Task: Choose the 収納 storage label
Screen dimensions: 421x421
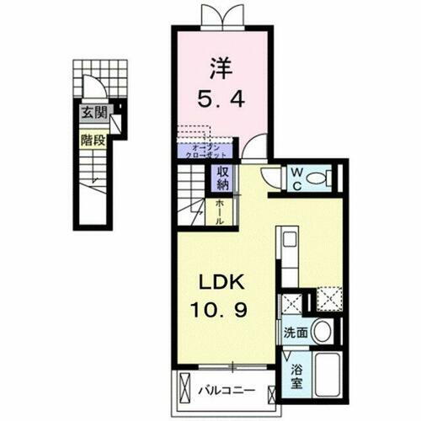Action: pos(223,178)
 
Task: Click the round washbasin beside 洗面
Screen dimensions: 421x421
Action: pos(320,331)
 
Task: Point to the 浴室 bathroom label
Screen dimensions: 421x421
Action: pos(296,375)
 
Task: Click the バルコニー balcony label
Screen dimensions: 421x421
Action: pos(226,391)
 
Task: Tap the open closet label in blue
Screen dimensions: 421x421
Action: pos(203,150)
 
